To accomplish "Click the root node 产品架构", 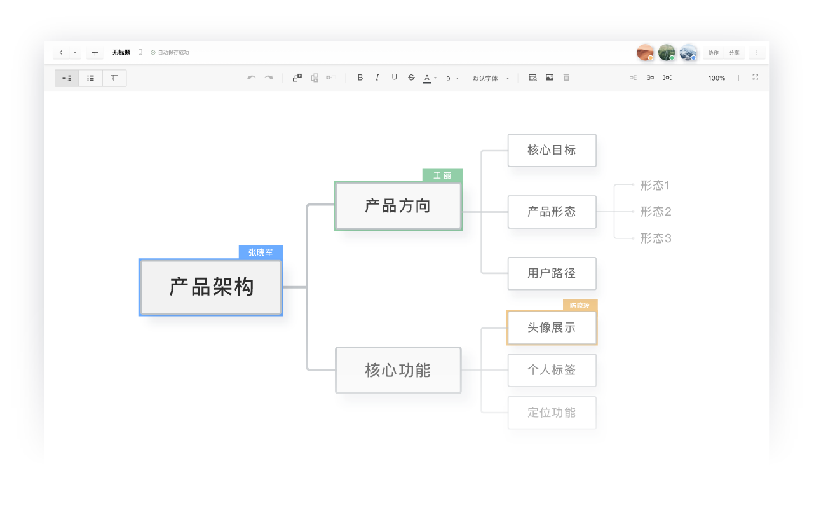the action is click(211, 287).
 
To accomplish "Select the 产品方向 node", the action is click(398, 206).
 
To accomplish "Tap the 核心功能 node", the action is click(398, 371).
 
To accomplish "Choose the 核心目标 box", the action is click(552, 150).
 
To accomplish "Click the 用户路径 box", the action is click(552, 273).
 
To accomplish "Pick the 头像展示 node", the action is click(552, 327).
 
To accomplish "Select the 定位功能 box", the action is click(552, 413).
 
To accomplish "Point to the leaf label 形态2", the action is click(656, 212).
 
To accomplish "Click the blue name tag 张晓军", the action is click(261, 252).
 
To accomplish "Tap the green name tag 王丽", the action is click(442, 175).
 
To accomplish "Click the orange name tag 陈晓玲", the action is click(580, 305).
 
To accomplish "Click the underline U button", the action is click(394, 78).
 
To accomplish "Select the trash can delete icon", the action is click(566, 78).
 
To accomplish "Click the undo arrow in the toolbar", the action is click(252, 78).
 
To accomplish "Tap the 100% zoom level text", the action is click(717, 78).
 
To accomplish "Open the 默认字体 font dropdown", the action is click(490, 78).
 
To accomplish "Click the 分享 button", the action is click(734, 53).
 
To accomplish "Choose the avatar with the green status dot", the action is click(667, 52).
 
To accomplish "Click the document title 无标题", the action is click(121, 52).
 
